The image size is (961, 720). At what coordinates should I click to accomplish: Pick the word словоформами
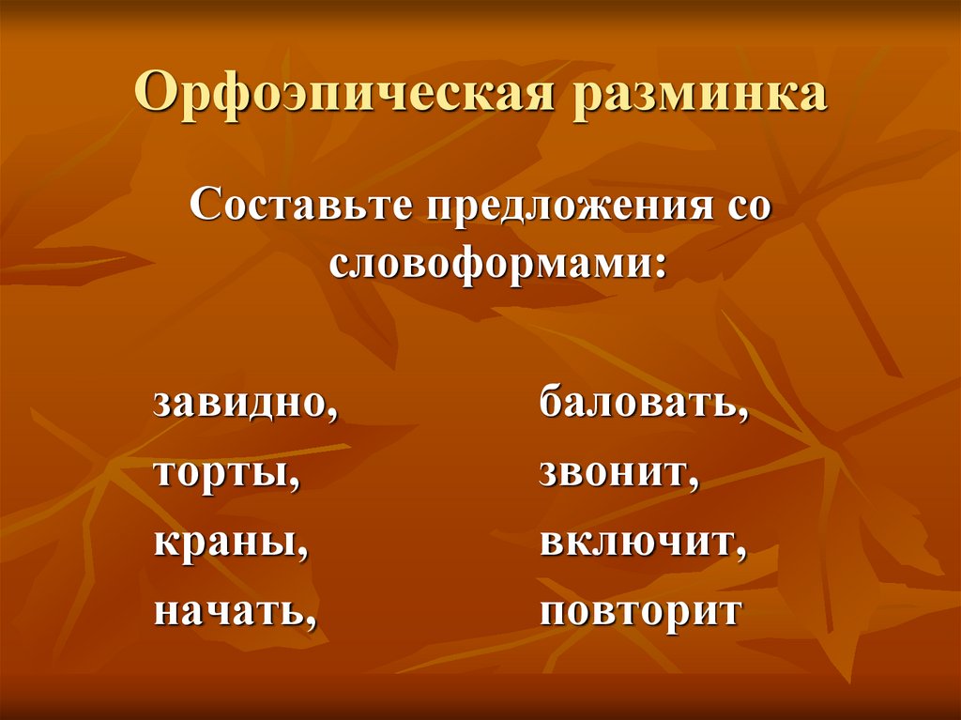point(490,263)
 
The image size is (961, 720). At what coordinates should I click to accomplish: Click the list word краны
point(225,544)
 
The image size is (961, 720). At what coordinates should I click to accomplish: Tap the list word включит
point(637,544)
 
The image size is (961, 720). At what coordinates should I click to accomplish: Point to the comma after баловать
point(743,414)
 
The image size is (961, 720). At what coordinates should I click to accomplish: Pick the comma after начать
point(306,622)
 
